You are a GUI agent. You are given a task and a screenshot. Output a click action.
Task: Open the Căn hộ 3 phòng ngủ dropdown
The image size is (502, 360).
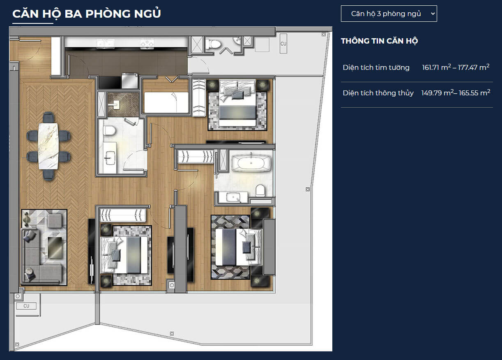point(389,14)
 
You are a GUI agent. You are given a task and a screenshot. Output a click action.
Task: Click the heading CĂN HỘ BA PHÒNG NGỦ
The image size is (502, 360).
point(87,14)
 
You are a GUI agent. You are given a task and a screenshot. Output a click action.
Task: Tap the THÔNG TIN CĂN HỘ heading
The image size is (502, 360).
point(380,41)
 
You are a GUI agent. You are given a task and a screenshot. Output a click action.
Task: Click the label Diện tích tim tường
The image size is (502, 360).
point(376,67)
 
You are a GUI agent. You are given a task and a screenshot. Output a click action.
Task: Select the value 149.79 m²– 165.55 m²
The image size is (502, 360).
point(456,93)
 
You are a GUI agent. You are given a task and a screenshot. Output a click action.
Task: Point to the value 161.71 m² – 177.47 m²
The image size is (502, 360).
point(456,67)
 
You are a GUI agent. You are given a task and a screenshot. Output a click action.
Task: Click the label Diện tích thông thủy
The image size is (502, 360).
point(378,93)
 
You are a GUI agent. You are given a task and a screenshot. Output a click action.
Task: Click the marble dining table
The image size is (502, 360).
point(48,146)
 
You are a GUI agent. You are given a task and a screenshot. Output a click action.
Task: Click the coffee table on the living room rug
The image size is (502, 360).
point(55,248)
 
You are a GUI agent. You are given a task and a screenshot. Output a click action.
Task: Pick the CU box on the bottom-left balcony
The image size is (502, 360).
point(26,306)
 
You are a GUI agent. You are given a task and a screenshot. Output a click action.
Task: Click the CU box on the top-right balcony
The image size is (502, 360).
point(283,44)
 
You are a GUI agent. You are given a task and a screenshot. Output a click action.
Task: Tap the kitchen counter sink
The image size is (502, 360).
point(105,44)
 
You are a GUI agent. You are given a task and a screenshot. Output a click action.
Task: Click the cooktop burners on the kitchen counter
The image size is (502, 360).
point(147,43)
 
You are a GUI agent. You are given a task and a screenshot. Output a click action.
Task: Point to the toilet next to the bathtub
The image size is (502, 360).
point(260,191)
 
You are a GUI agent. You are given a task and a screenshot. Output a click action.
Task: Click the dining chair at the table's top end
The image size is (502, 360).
point(48,118)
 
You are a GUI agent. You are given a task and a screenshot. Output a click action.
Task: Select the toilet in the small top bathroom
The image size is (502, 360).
point(213,44)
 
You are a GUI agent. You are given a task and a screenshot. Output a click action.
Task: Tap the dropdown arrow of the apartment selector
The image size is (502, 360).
point(433,14)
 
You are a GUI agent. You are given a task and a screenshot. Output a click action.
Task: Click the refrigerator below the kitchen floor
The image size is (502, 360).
point(129,81)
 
